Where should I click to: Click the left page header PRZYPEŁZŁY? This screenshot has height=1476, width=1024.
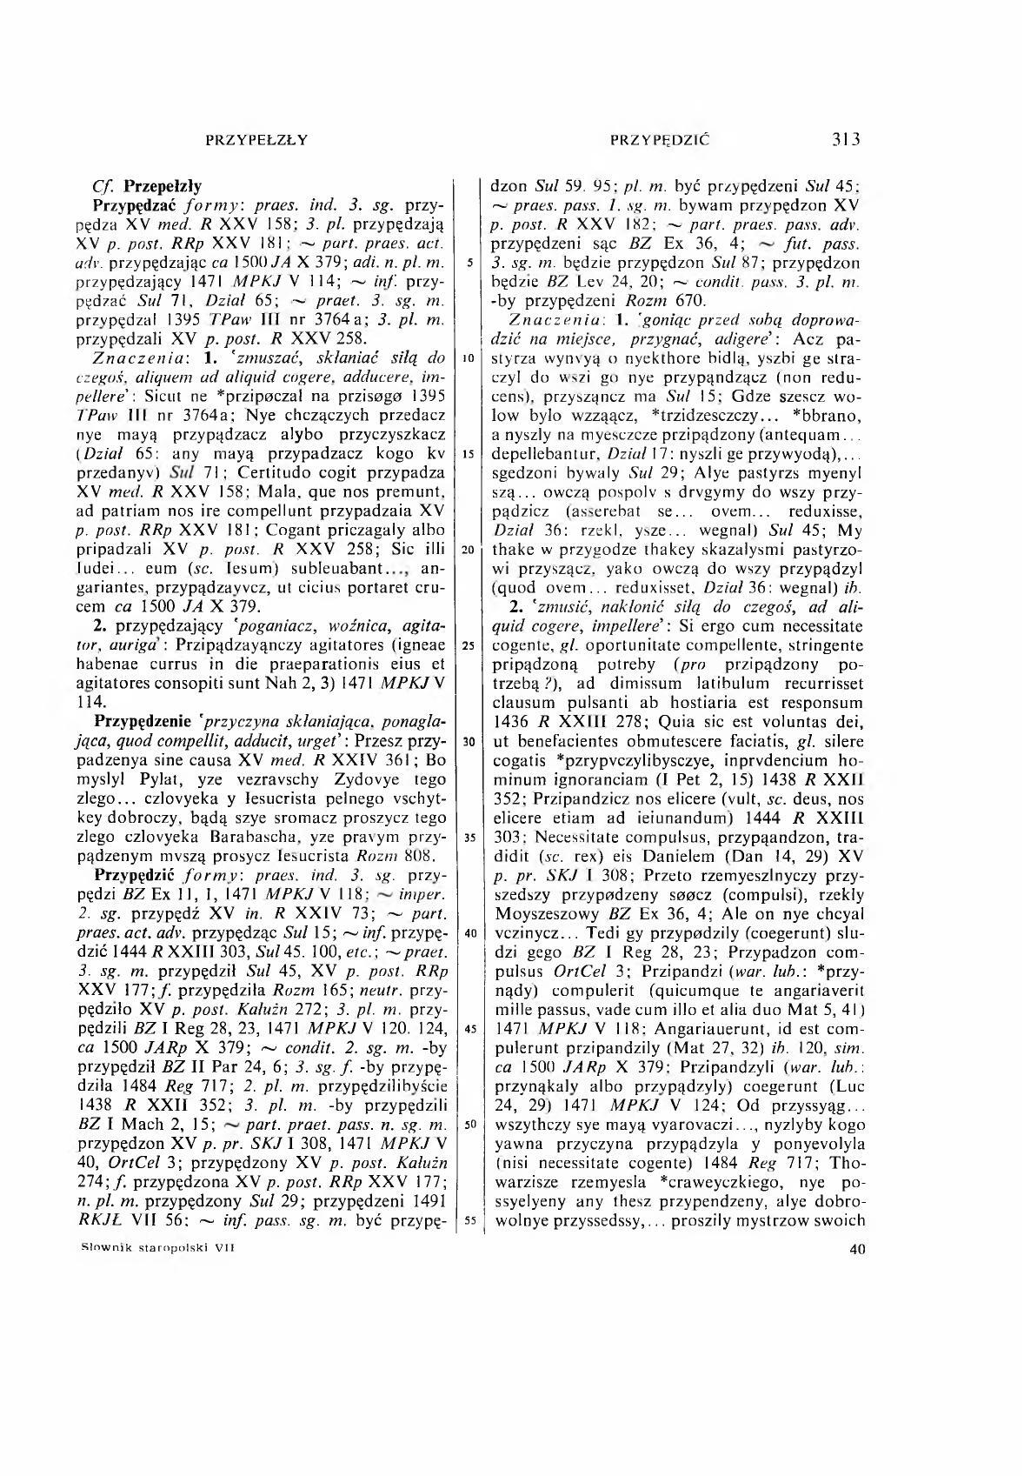pyautogui.click(x=257, y=138)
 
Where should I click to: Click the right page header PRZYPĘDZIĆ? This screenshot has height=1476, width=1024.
pyautogui.click(x=661, y=138)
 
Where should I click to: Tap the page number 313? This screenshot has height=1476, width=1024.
pyautogui.click(x=845, y=138)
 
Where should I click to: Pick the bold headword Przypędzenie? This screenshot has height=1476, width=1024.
pyautogui.click(x=148, y=721)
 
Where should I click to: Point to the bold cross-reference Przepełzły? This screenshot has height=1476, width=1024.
pyautogui.click(x=163, y=185)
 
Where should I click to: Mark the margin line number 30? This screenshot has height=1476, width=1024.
pyautogui.click(x=469, y=741)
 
